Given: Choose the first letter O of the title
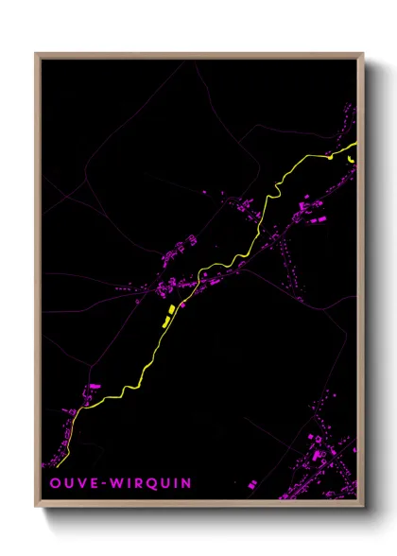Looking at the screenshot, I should (54, 483).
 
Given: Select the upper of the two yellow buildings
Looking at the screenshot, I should (170, 309).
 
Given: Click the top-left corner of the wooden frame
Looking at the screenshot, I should (36, 54).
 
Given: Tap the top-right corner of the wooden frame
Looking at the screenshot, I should (363, 54).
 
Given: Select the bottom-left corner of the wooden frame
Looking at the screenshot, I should (36, 506).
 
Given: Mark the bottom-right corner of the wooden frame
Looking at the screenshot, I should (363, 506).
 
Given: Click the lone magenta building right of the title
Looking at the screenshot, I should (253, 483).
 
